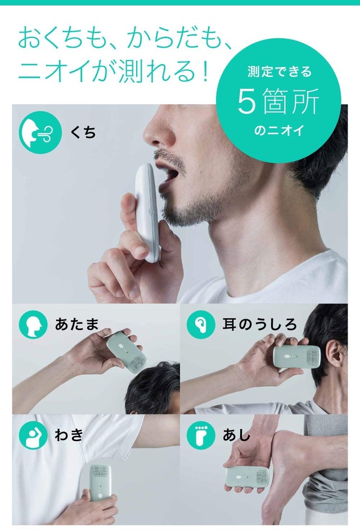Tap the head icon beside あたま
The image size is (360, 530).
(x=33, y=324)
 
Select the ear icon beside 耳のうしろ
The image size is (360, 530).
(x=201, y=324)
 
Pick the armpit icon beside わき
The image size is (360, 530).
(x=33, y=434)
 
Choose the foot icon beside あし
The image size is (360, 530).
(x=201, y=434)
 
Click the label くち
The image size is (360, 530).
(x=83, y=132)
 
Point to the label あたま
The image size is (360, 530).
(x=76, y=324)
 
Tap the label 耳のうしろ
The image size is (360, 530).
(x=259, y=324)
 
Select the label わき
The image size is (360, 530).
(x=69, y=434)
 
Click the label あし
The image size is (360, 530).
(x=236, y=434)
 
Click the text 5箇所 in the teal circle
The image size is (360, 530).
(x=278, y=101)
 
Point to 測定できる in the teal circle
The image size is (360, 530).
(x=279, y=71)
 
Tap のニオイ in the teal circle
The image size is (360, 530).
(x=279, y=130)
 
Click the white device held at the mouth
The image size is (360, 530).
(x=147, y=212)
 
